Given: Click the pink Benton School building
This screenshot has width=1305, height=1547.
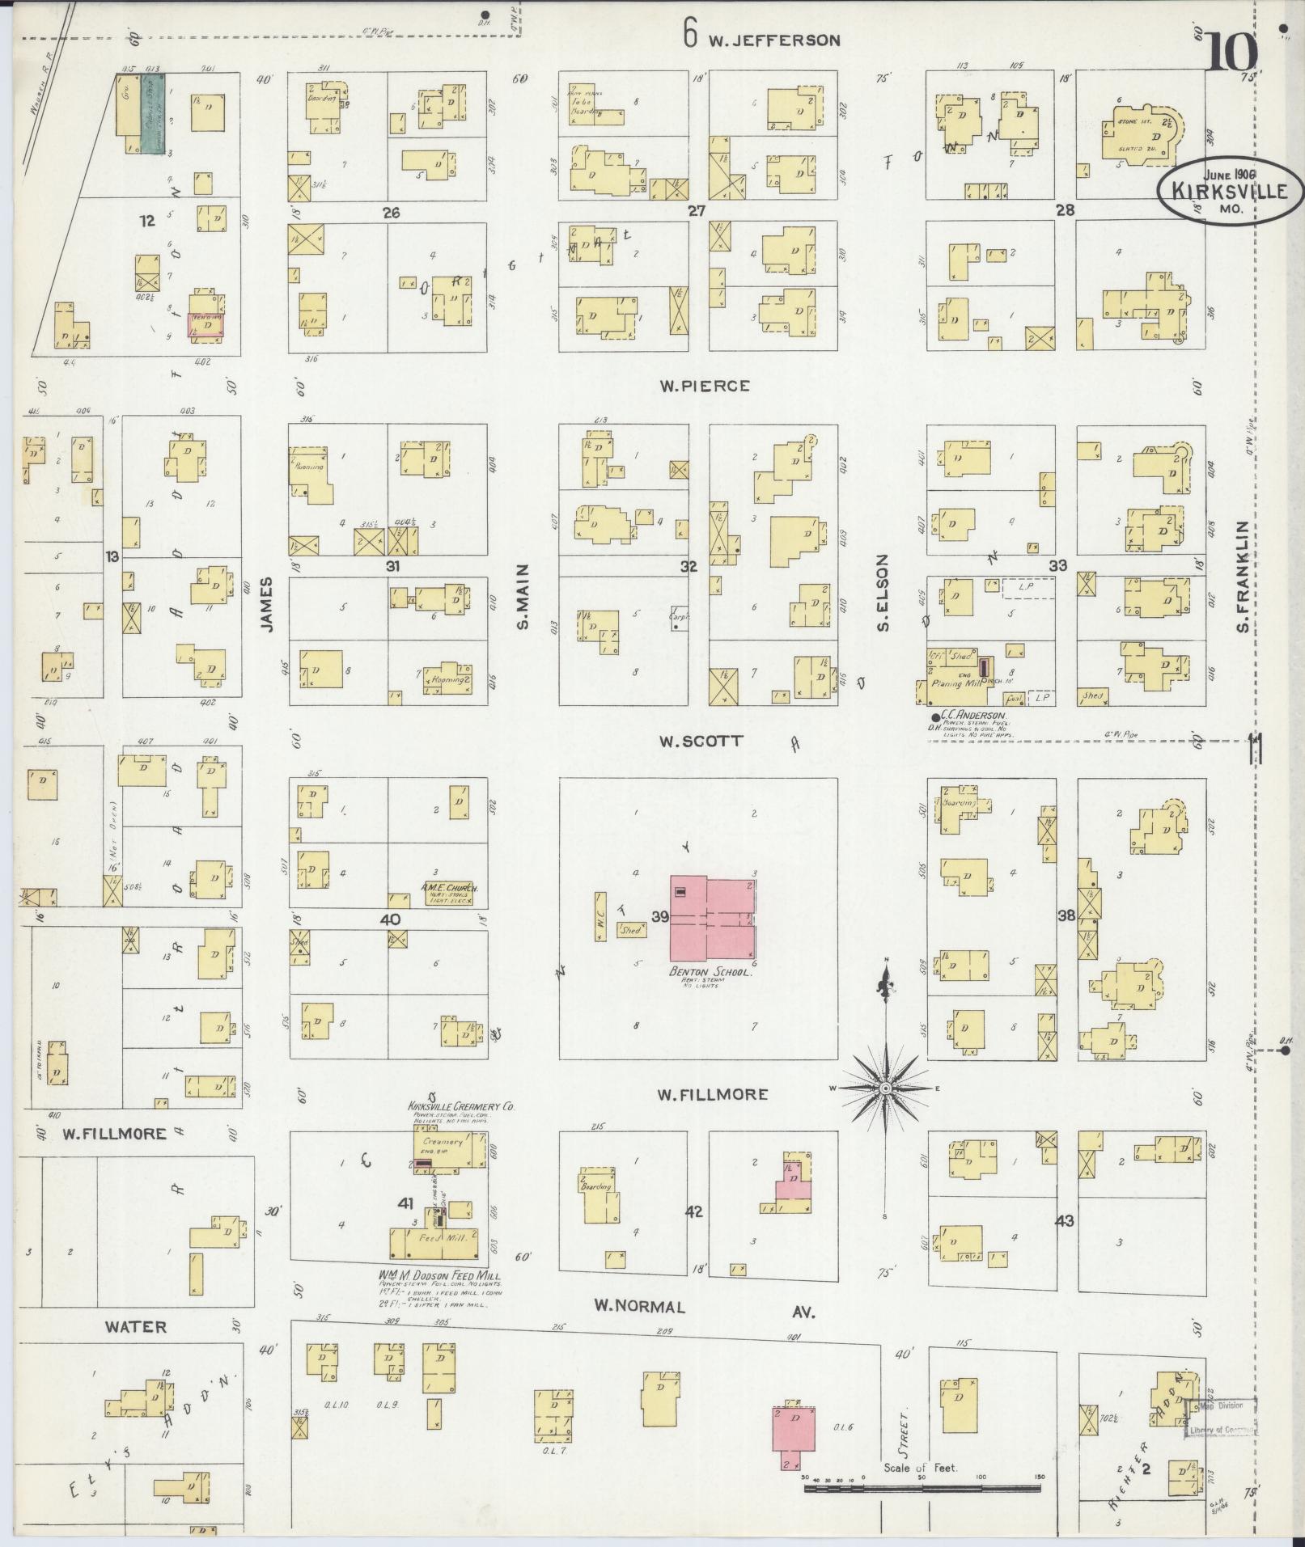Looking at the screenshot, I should pyautogui.click(x=712, y=917).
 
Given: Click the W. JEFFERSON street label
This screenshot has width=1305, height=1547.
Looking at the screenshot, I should pyautogui.click(x=774, y=40).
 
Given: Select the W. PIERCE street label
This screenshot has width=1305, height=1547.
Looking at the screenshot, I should pyautogui.click(x=704, y=387).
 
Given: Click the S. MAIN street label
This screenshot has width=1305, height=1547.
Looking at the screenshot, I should pyautogui.click(x=523, y=597).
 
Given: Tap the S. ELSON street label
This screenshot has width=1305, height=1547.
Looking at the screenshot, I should pyautogui.click(x=883, y=593).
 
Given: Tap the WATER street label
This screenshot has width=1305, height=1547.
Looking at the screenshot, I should pyautogui.click(x=136, y=1327).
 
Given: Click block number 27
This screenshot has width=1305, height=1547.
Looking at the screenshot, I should pyautogui.click(x=697, y=211).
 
